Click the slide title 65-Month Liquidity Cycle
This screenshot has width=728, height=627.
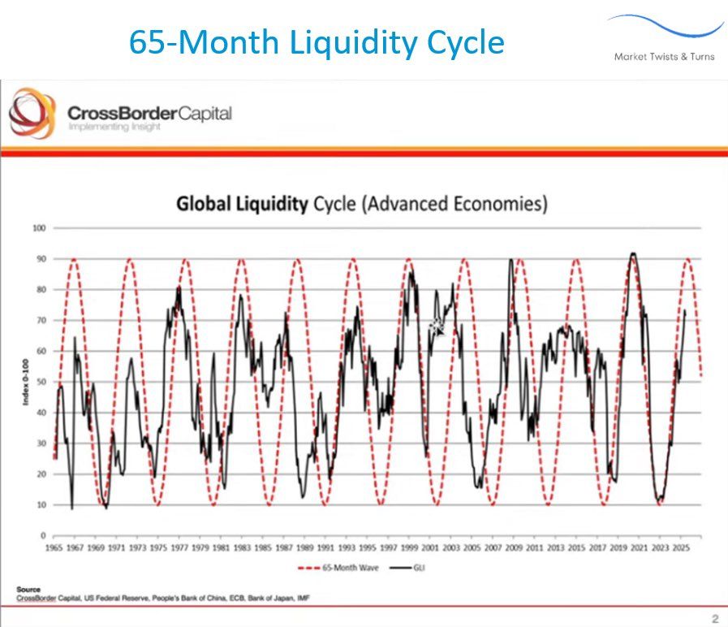point(317,42)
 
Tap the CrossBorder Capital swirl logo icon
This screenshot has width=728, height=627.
point(32,114)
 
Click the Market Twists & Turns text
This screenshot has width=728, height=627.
point(664,56)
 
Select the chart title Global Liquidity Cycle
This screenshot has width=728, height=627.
point(362,203)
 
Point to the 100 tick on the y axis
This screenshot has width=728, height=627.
point(37,227)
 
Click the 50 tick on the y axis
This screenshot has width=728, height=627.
point(39,382)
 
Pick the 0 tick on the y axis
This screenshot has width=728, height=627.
point(41,536)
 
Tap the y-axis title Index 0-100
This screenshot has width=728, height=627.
point(24,382)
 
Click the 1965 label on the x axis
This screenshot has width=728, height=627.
point(54,549)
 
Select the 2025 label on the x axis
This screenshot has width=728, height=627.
point(683,549)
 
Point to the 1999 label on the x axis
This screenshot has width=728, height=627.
point(411,549)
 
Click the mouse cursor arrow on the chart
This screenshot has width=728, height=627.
point(437,328)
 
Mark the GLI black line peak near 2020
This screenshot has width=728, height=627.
point(632,253)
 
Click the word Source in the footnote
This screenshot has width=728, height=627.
point(28,589)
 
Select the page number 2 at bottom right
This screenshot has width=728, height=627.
point(714,618)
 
